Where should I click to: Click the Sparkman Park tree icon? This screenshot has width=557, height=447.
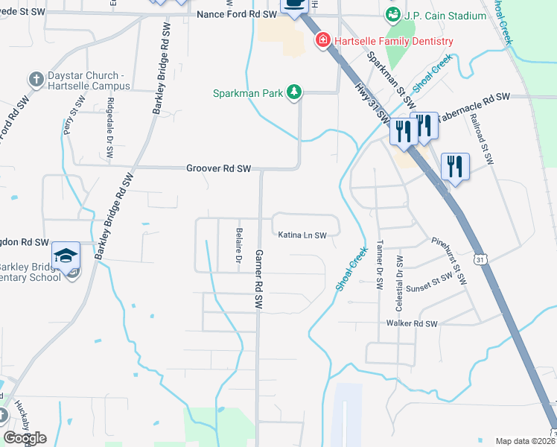(x=296, y=92)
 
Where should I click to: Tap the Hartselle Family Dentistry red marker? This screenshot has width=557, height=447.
(x=323, y=40)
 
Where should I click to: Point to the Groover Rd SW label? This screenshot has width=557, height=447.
(x=218, y=169)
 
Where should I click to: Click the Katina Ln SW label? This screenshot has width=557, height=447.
(x=303, y=235)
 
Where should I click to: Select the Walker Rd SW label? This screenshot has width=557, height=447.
(x=411, y=323)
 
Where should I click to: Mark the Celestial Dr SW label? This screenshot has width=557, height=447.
(x=400, y=273)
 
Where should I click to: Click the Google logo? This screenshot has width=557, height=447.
(x=25, y=438)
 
